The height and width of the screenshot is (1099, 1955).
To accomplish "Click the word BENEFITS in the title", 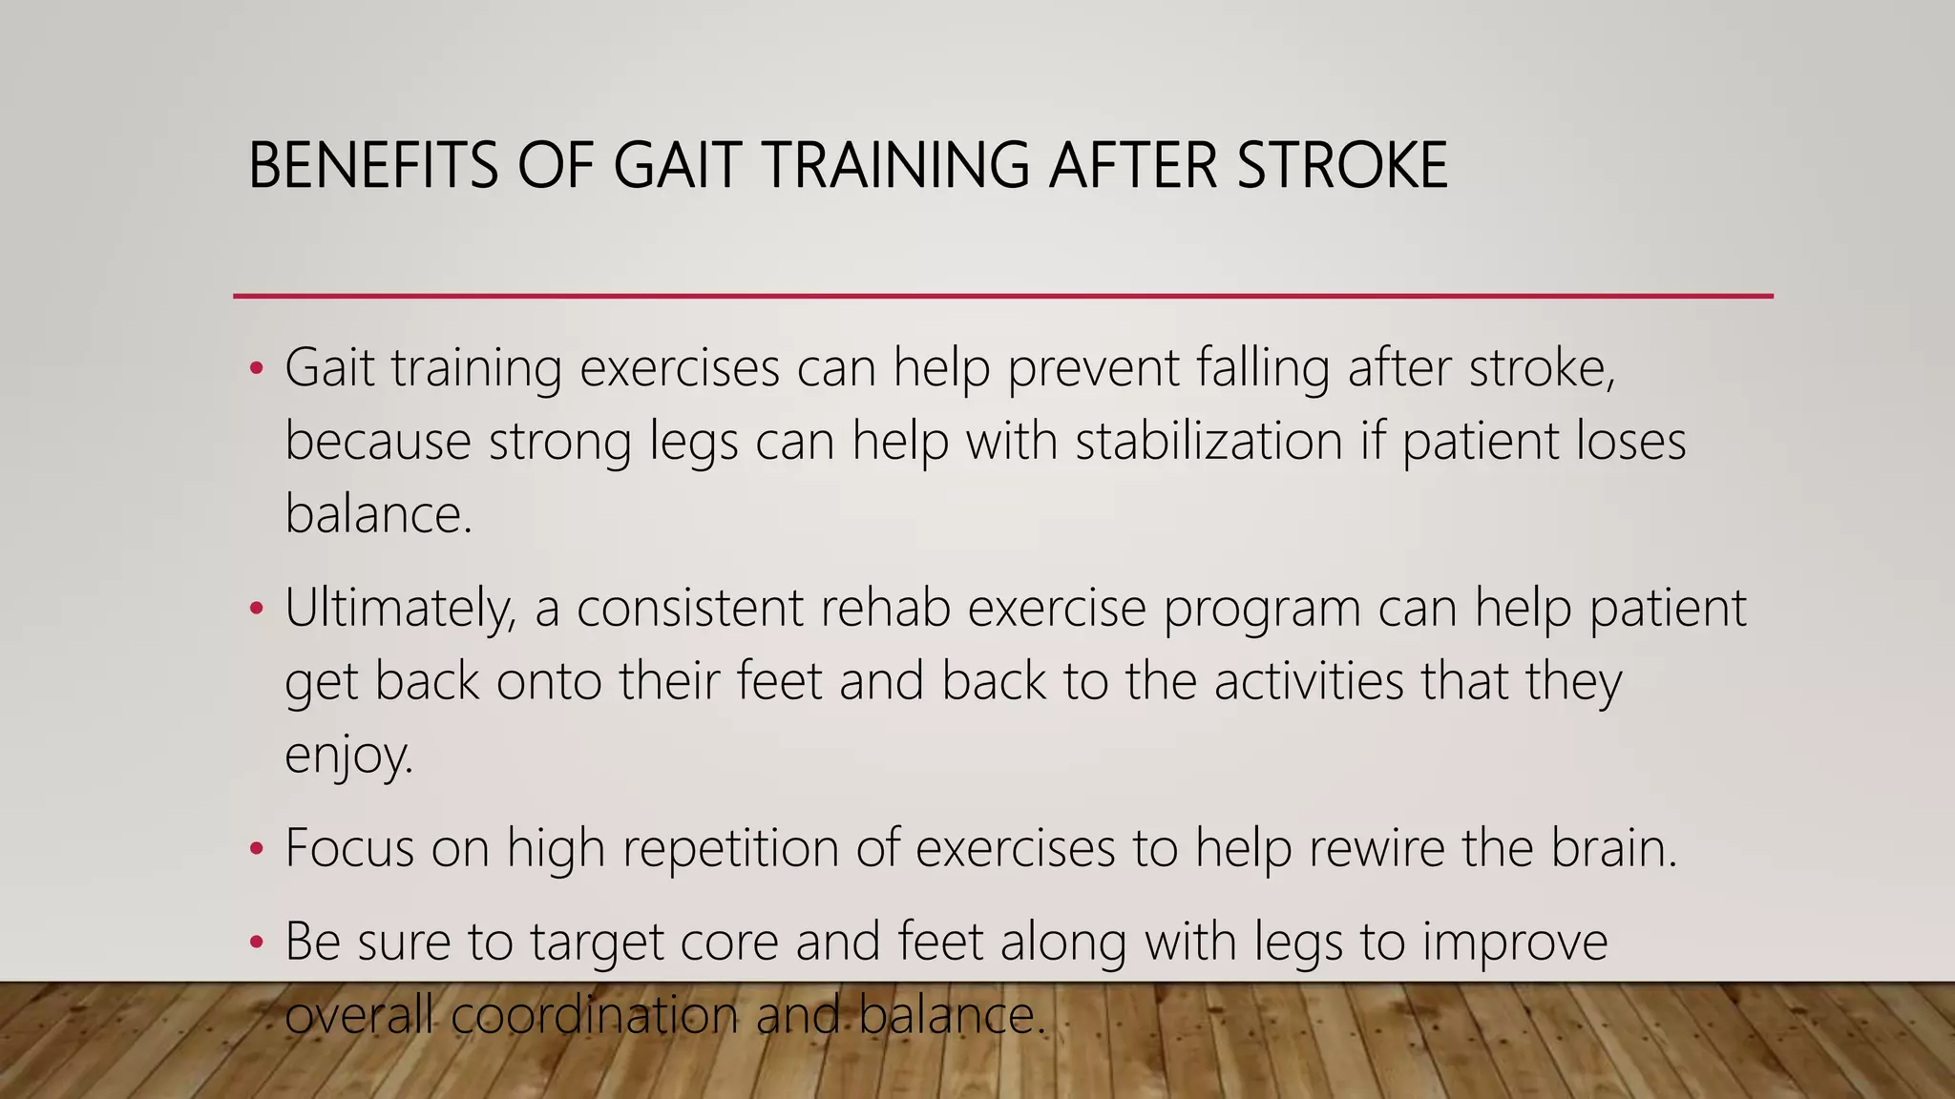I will [x=372, y=165].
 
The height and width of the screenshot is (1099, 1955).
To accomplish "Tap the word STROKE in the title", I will [x=1342, y=165].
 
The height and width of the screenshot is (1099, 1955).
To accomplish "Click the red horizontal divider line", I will [x=1002, y=297].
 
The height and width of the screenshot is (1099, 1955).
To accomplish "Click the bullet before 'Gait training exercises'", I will [x=255, y=369].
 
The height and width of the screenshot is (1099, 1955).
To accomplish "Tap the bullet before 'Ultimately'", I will [x=255, y=610].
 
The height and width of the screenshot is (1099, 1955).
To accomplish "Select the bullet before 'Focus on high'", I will [x=255, y=849].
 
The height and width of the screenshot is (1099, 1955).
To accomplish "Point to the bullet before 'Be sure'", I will [x=255, y=943].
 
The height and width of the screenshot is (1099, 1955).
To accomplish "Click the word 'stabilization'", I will [x=1209, y=441].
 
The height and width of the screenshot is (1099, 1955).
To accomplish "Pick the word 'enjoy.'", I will [x=349, y=756].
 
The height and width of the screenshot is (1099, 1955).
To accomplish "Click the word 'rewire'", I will [x=1376, y=847].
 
